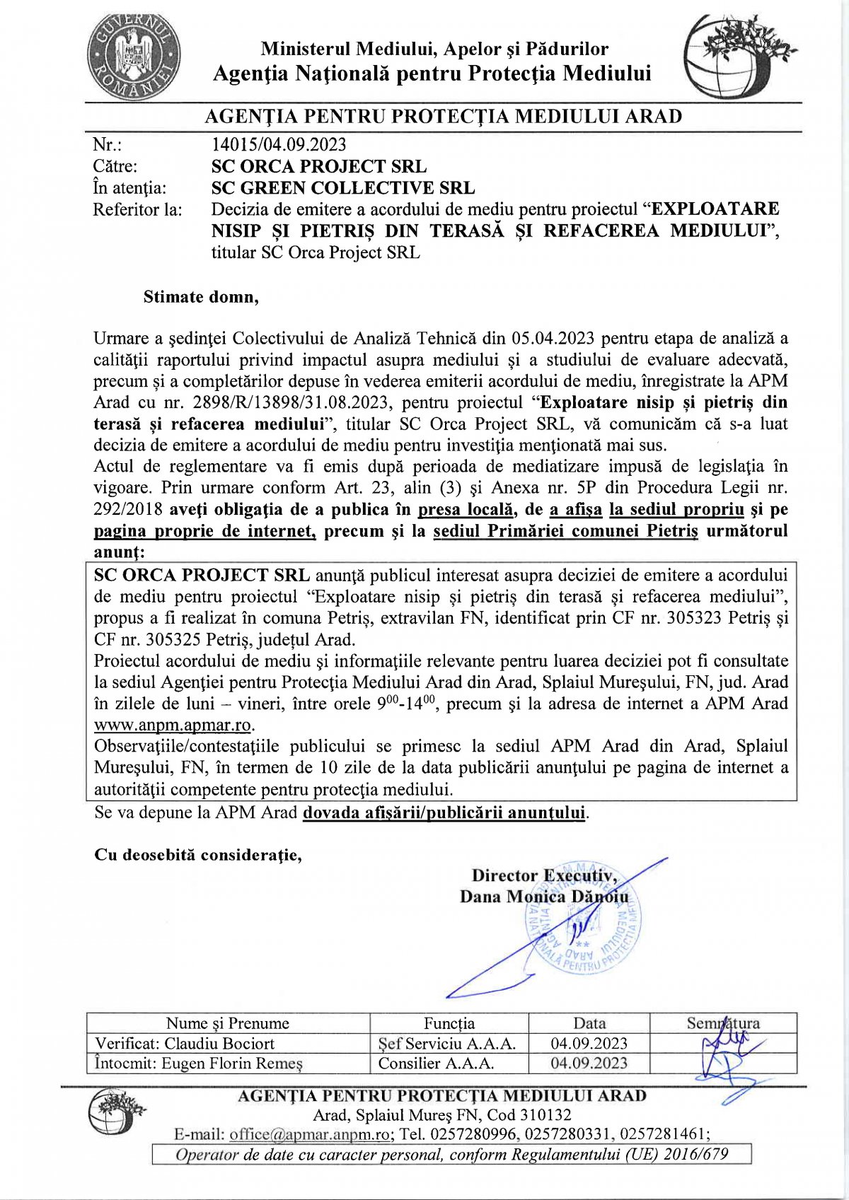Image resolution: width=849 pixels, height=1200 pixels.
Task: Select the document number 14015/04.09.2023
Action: (x=279, y=145)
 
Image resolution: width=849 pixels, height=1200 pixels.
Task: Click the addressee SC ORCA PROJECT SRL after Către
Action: (x=318, y=167)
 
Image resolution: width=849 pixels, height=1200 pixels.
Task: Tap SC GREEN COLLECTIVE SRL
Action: (x=343, y=188)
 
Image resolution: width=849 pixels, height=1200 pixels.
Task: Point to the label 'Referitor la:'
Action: (x=137, y=210)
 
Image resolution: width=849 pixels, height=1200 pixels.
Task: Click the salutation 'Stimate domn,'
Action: (x=201, y=297)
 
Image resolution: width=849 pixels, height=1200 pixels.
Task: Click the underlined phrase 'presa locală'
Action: (x=465, y=510)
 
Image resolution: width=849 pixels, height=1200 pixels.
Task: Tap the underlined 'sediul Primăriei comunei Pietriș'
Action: (x=565, y=531)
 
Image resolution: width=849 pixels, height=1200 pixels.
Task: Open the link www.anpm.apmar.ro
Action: (x=173, y=726)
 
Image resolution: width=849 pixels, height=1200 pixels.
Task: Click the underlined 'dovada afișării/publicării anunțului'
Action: (x=444, y=812)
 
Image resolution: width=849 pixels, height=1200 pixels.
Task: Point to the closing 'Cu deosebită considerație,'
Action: (x=198, y=855)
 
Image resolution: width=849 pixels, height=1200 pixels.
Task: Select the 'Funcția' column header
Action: (x=449, y=1023)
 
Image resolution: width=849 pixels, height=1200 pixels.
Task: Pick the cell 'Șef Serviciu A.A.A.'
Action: (x=447, y=1044)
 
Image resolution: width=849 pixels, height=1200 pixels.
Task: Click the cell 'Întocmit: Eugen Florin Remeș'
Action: (x=199, y=1064)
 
